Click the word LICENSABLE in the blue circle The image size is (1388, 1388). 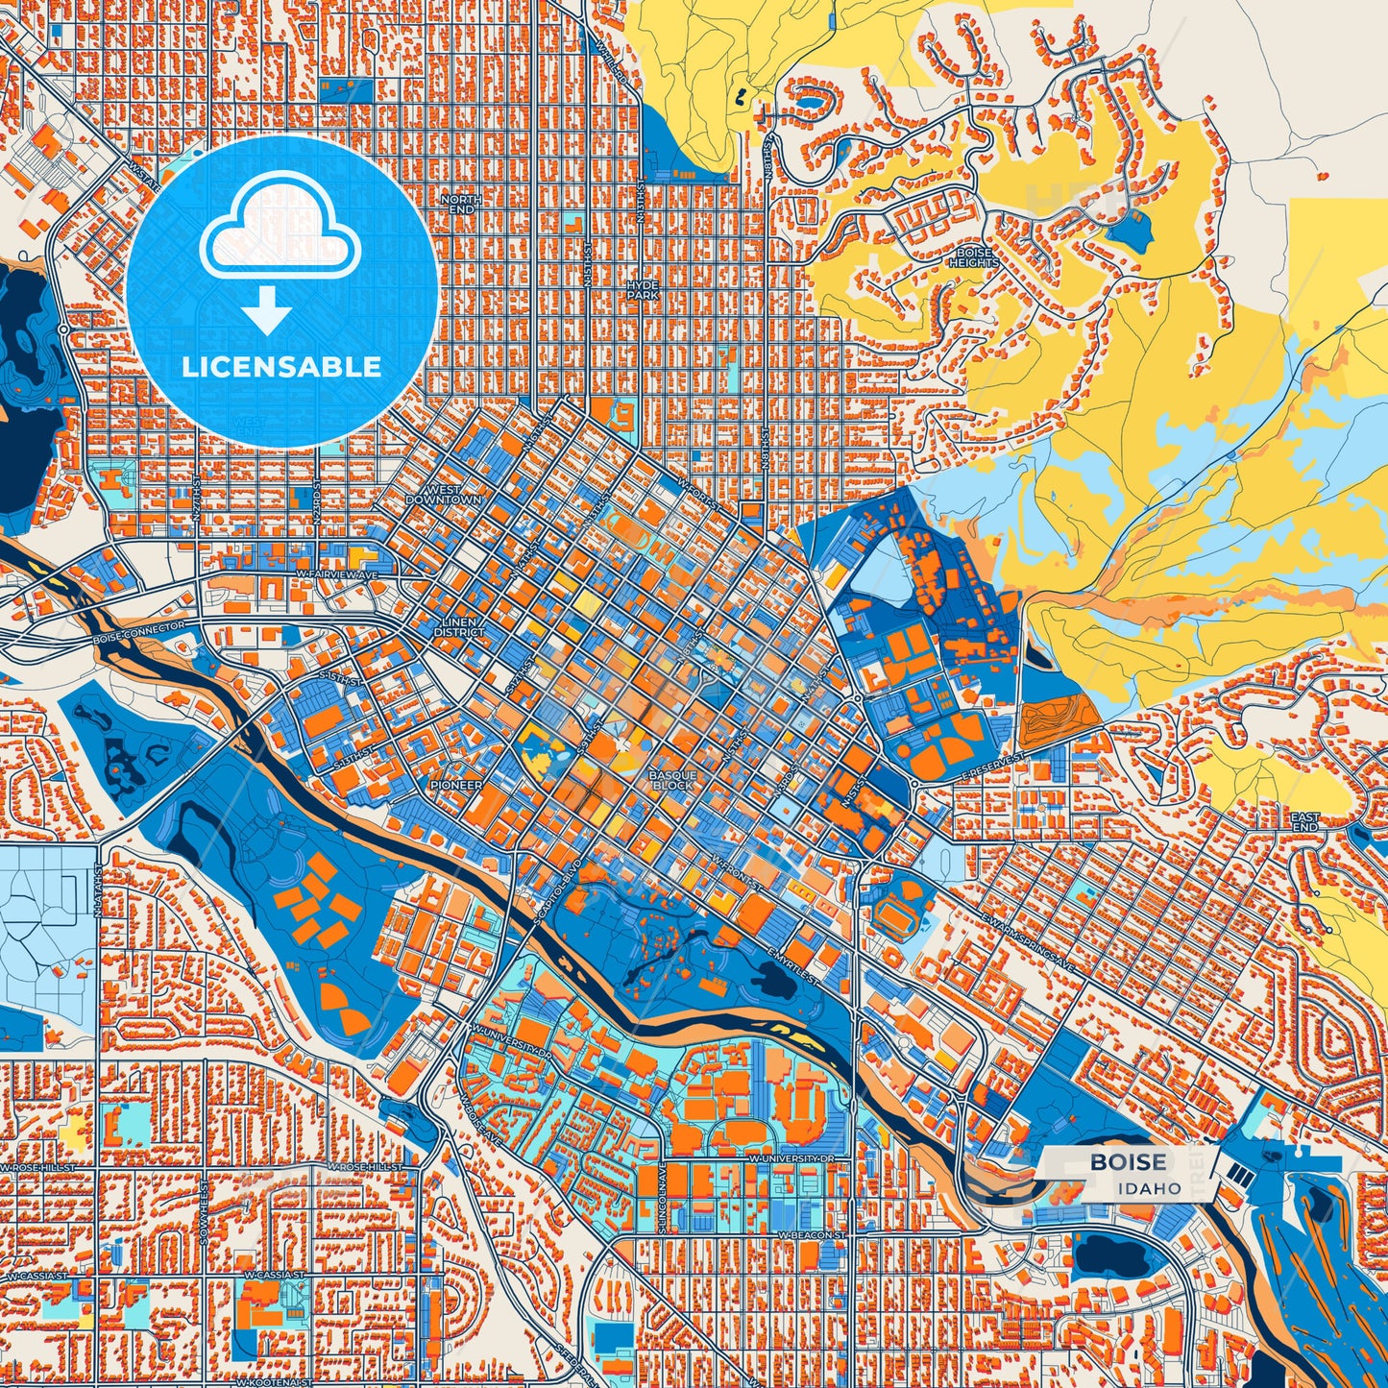coord(281,367)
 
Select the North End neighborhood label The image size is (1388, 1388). coord(461,204)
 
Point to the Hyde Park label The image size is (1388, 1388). coord(643,290)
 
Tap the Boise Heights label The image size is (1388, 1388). coord(974,257)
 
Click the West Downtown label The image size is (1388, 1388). coord(443,495)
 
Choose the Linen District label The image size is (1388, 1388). coord(458,627)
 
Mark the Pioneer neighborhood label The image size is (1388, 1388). coord(456,785)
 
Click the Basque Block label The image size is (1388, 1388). coord(671,780)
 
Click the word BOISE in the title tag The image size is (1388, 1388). coord(1128,1162)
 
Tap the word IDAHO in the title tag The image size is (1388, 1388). coord(1149,1188)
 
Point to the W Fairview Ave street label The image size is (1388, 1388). coord(337,574)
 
